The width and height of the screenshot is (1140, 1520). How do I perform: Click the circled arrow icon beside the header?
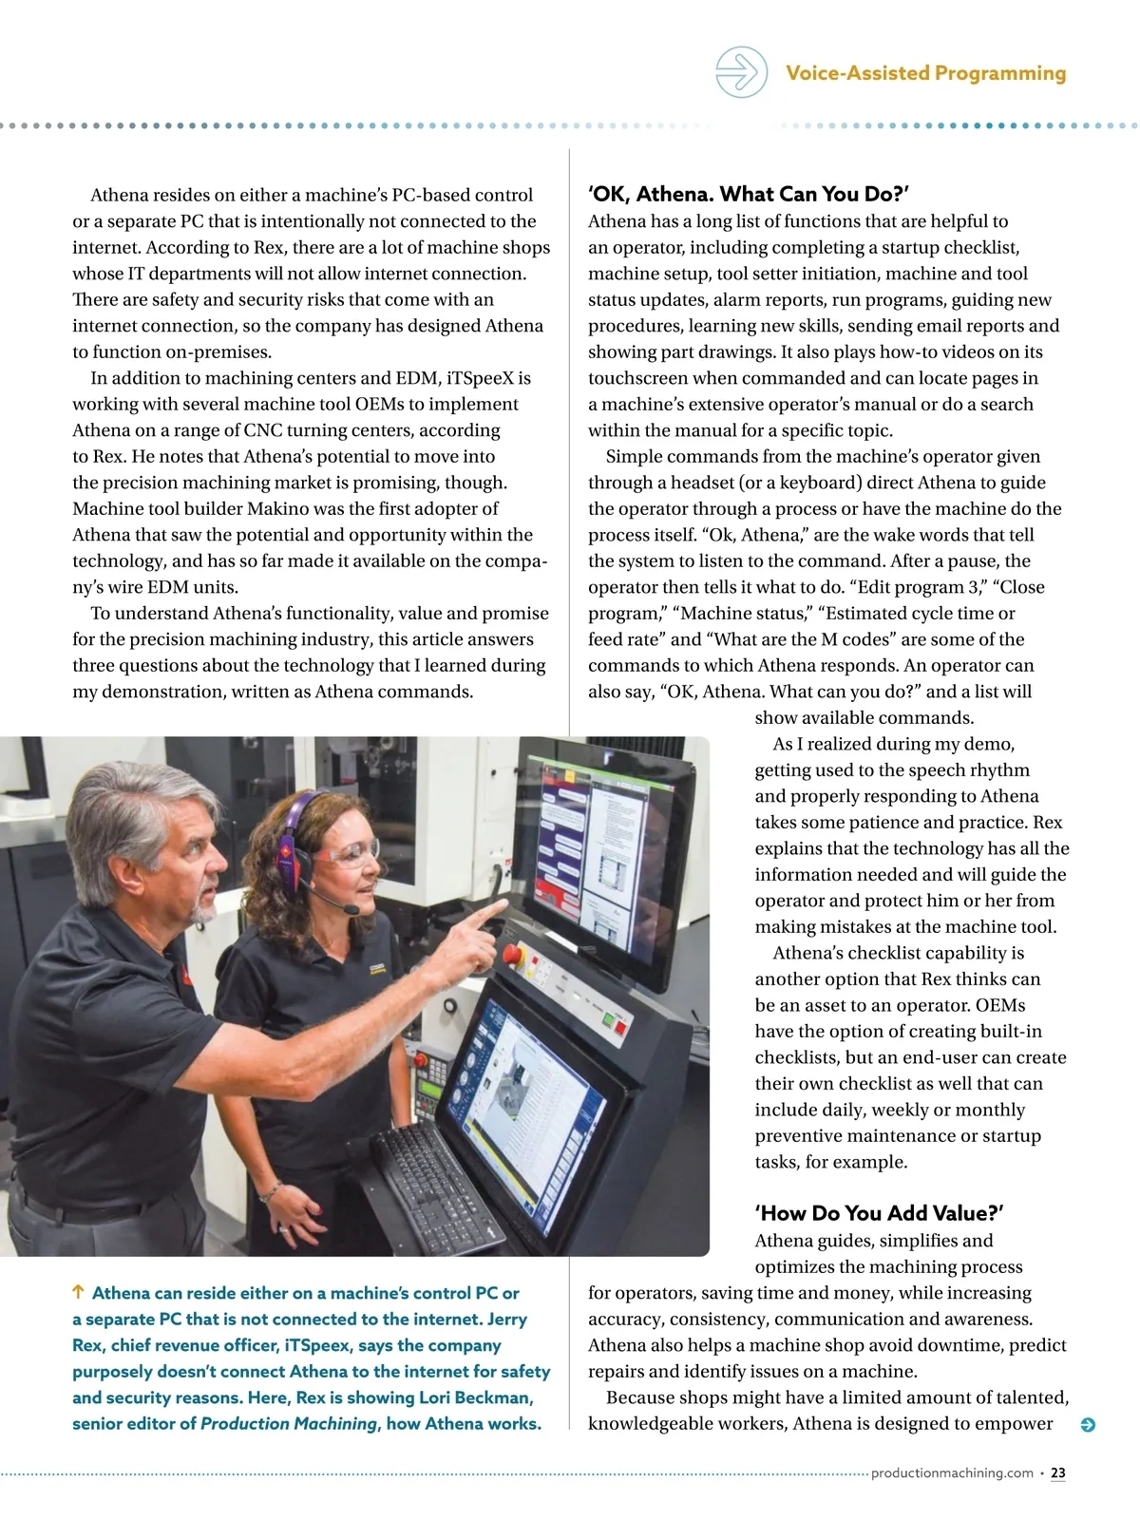(741, 72)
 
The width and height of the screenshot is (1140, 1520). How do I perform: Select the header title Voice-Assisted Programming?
(925, 73)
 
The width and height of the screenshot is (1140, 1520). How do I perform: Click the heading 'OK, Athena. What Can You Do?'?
(749, 195)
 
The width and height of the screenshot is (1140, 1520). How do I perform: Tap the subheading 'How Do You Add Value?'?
(879, 1213)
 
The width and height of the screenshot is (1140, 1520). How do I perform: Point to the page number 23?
(1058, 1472)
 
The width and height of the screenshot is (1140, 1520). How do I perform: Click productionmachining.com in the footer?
(952, 1472)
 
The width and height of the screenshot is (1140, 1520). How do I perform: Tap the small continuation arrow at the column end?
(1089, 1425)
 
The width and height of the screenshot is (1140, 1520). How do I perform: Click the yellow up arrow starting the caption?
(79, 1292)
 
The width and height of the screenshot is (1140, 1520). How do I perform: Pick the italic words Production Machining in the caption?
(289, 1423)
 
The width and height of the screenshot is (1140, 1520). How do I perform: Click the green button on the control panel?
(609, 1019)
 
